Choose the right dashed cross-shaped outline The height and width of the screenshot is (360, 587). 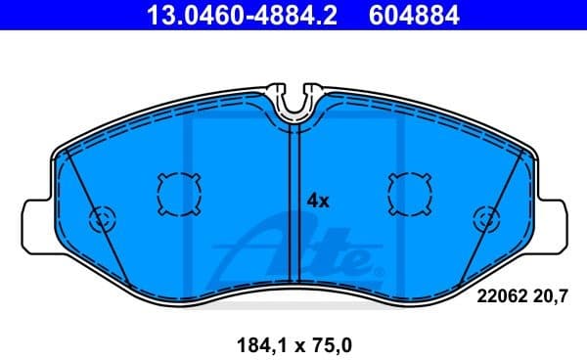click(x=409, y=192)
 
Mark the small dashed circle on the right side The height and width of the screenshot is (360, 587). click(x=484, y=220)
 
